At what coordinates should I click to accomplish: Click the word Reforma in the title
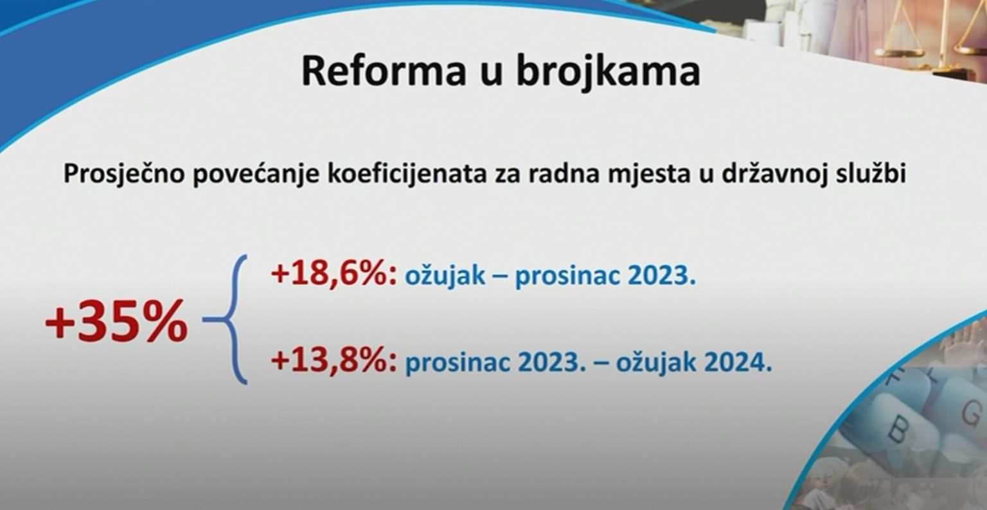coord(384,71)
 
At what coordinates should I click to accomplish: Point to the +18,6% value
coord(334,274)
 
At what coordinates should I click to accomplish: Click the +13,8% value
coord(334,361)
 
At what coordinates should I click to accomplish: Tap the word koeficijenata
coord(407,173)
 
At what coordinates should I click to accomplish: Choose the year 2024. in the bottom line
coord(738,363)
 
